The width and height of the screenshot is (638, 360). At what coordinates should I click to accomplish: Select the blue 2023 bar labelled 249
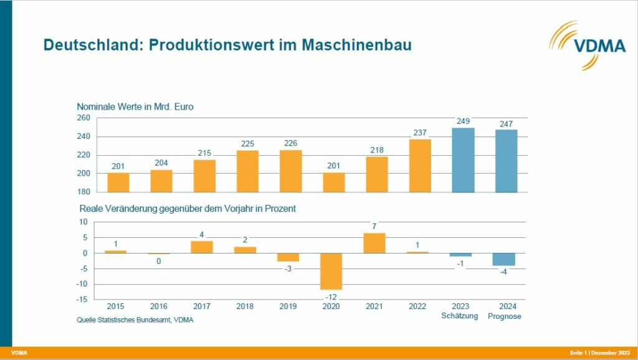[463, 160]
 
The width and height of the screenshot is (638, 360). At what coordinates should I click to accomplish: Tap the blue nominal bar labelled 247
[506, 161]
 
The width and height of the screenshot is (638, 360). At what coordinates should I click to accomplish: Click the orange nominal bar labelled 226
[290, 171]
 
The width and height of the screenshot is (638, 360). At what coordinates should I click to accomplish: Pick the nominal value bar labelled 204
[161, 181]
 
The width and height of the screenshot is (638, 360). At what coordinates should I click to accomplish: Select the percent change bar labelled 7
[374, 243]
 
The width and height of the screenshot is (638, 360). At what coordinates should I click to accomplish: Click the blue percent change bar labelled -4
[504, 259]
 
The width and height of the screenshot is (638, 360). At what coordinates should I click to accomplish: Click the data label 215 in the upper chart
[204, 153]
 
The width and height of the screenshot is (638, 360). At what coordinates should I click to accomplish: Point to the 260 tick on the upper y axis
[83, 118]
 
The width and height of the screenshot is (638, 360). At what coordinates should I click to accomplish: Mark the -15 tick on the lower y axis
[82, 300]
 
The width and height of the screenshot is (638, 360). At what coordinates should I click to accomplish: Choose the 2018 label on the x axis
[245, 306]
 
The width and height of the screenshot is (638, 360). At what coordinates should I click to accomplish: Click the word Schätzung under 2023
[461, 316]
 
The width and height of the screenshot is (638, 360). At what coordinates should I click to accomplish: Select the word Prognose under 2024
[504, 316]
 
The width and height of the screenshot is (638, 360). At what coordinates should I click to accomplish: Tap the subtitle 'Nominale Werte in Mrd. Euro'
[135, 107]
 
